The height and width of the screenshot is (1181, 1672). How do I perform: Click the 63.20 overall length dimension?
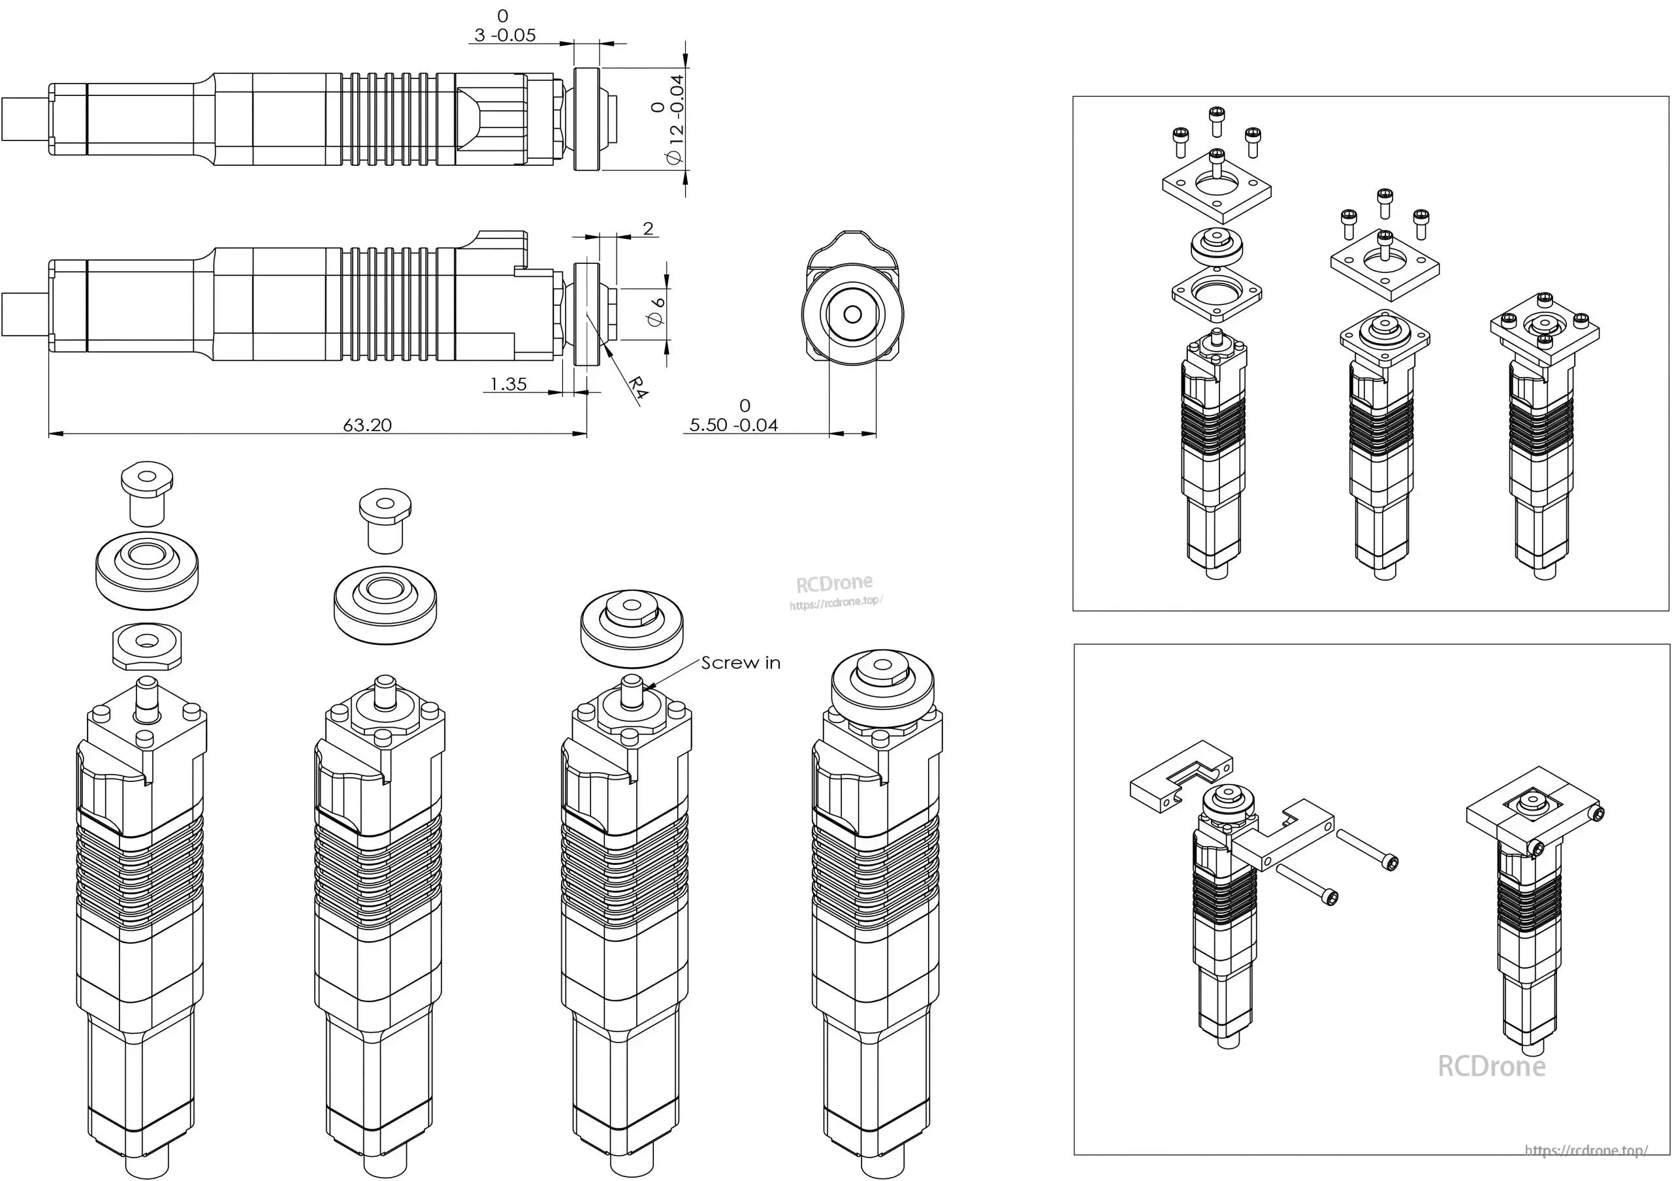pyautogui.click(x=367, y=425)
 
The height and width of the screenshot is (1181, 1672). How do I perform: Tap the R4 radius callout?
pyautogui.click(x=637, y=387)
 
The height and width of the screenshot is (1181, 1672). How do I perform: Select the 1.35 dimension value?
pyautogui.click(x=508, y=383)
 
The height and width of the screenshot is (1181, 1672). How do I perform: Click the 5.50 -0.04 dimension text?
pyautogui.click(x=733, y=425)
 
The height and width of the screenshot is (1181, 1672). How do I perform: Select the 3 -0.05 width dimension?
pyautogui.click(x=505, y=34)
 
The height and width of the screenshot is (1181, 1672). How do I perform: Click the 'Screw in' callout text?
pyautogui.click(x=741, y=662)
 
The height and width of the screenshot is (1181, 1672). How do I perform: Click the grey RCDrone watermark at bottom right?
pyautogui.click(x=1491, y=1067)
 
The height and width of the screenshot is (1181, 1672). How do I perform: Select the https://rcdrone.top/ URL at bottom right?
pyautogui.click(x=1586, y=1151)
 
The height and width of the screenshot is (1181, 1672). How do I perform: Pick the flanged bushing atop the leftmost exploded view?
pyautogui.click(x=147, y=491)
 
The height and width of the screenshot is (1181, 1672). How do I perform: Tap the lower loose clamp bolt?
pyautogui.click(x=1307, y=884)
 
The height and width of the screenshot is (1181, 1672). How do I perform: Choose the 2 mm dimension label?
pyautogui.click(x=648, y=229)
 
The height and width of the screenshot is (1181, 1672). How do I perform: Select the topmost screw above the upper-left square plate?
pyautogui.click(x=1215, y=120)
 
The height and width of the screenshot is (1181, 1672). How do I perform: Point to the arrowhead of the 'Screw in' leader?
pyautogui.click(x=645, y=686)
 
